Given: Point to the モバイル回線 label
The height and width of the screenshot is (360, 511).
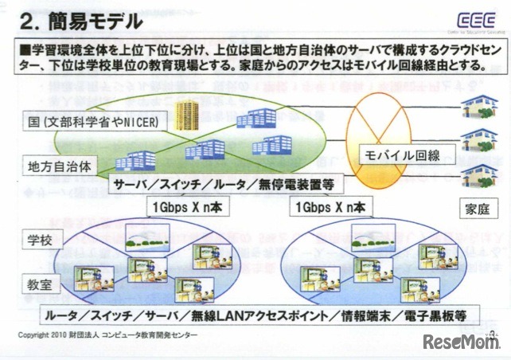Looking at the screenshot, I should tap(402, 153).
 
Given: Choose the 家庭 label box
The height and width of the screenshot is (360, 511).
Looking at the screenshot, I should tap(475, 209).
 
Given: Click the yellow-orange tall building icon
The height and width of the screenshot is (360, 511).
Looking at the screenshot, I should tap(187, 117).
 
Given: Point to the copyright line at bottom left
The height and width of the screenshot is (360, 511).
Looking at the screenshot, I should tap(107, 334).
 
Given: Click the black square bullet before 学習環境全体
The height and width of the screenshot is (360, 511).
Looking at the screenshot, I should tap(26, 49).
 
